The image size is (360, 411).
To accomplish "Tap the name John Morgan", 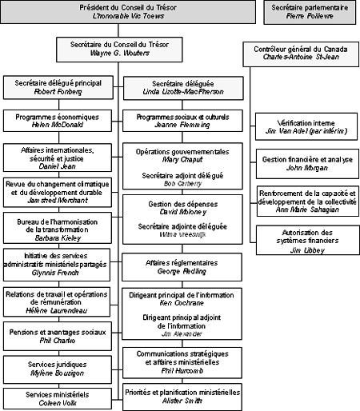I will pyautogui.click(x=302, y=168).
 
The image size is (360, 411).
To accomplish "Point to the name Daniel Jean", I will pyautogui.click(x=58, y=165).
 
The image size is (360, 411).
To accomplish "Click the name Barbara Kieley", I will pyautogui.click(x=58, y=237).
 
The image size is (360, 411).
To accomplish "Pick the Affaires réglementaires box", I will pyautogui.click(x=182, y=266).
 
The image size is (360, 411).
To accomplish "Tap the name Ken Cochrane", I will pyautogui.click(x=182, y=302).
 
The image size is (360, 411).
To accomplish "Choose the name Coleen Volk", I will pyautogui.click(x=58, y=403).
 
